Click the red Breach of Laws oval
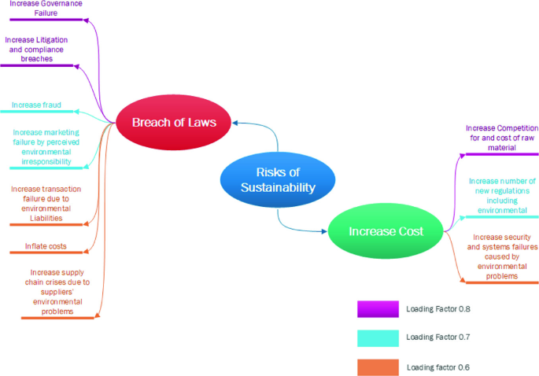(x=174, y=122)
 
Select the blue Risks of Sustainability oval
(x=270, y=179)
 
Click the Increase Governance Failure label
(x=46, y=8)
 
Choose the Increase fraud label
(x=36, y=105)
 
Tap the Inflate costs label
(x=46, y=246)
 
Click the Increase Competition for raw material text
(x=501, y=138)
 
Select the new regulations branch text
(x=500, y=196)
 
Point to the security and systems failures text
(x=501, y=256)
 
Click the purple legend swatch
(x=377, y=308)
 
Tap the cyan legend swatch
(x=377, y=337)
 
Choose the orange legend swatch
(x=377, y=367)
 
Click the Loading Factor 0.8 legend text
(x=437, y=308)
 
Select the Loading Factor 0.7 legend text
(x=437, y=337)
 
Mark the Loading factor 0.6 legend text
(x=437, y=367)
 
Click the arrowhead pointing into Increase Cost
(x=324, y=231)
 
